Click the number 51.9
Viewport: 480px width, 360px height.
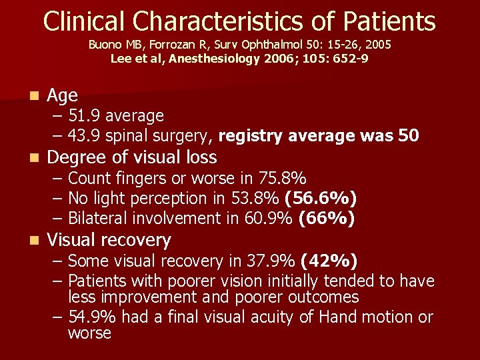(x=84, y=116)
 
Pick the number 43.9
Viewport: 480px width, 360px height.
(x=84, y=136)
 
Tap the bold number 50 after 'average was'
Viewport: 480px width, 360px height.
(x=408, y=136)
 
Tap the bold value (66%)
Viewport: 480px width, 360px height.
(x=326, y=219)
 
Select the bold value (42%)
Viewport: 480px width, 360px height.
(x=329, y=261)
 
